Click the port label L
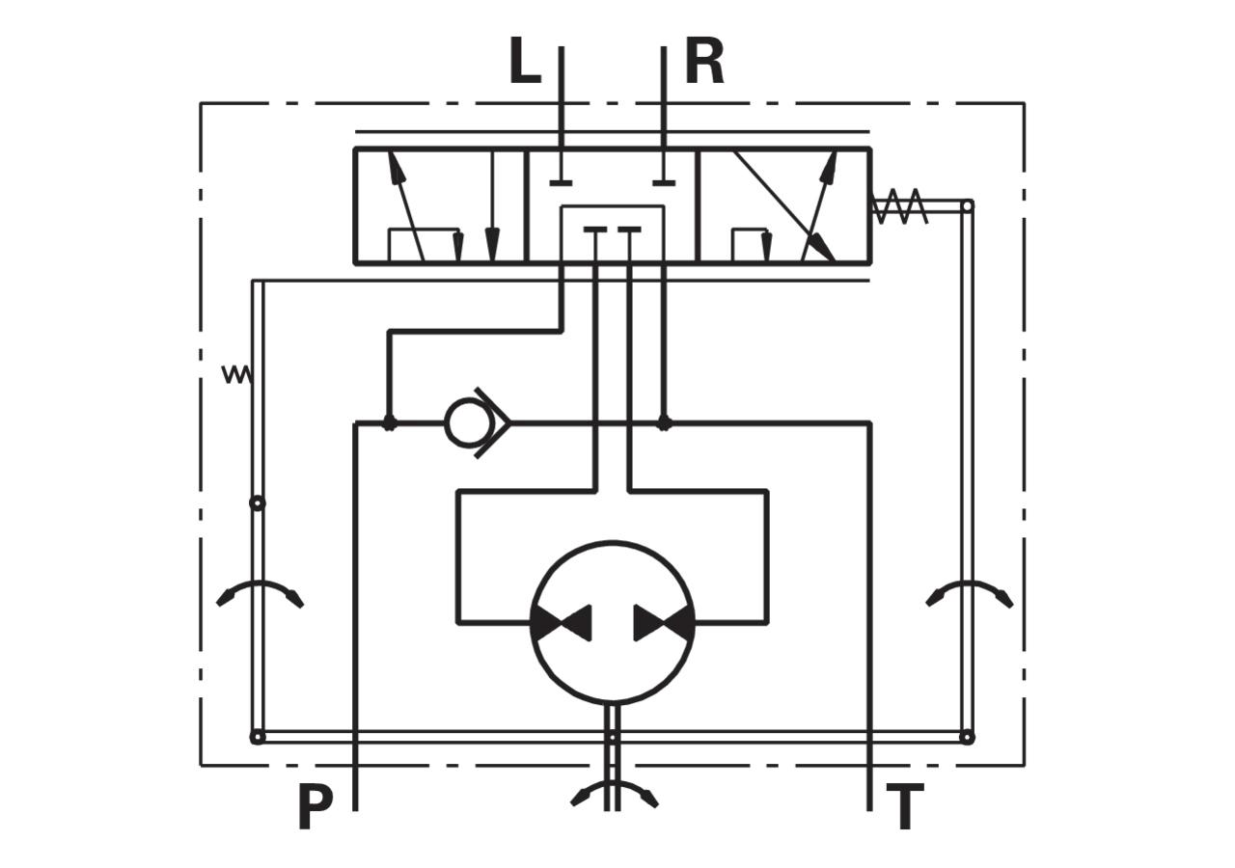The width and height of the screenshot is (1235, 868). pyautogui.click(x=524, y=61)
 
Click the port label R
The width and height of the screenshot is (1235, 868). pyautogui.click(x=704, y=61)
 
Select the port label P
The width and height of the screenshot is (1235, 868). pyautogui.click(x=315, y=807)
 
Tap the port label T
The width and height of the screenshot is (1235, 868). pyautogui.click(x=905, y=807)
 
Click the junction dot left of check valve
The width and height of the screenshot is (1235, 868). pyautogui.click(x=389, y=423)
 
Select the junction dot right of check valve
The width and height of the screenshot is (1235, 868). pyautogui.click(x=664, y=423)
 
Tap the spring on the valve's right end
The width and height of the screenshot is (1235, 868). pyautogui.click(x=900, y=206)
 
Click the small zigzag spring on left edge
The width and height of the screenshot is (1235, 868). pyautogui.click(x=237, y=375)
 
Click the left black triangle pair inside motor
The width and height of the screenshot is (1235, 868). pyautogui.click(x=562, y=623)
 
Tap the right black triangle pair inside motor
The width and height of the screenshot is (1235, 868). pyautogui.click(x=664, y=623)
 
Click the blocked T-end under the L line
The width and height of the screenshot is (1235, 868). pyautogui.click(x=561, y=183)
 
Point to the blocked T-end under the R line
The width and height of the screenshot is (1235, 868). pyautogui.click(x=664, y=183)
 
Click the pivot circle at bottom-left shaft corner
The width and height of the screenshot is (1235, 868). pyautogui.click(x=258, y=737)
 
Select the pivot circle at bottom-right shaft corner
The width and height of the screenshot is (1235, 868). pyautogui.click(x=967, y=737)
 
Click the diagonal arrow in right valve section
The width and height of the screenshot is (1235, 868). pyautogui.click(x=784, y=205)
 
